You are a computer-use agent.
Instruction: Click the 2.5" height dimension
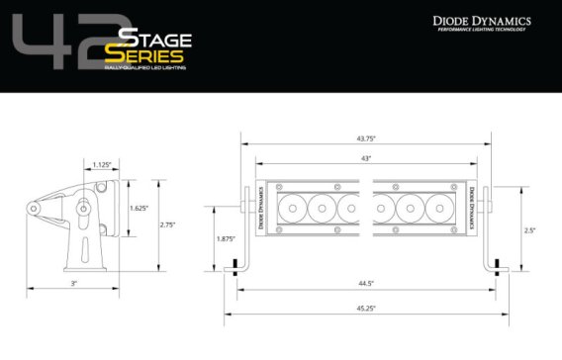click(x=530, y=229)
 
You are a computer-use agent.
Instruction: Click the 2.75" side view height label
click(x=168, y=225)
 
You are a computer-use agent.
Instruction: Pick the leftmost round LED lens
click(x=294, y=208)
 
